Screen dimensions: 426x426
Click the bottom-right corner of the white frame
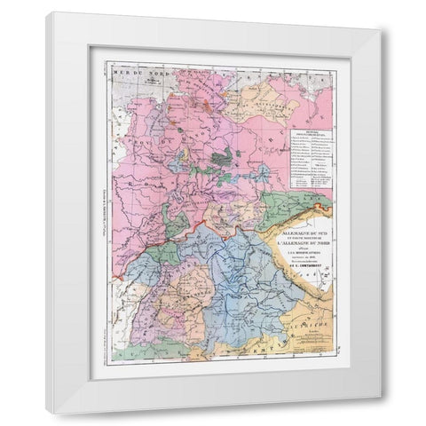383,413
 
